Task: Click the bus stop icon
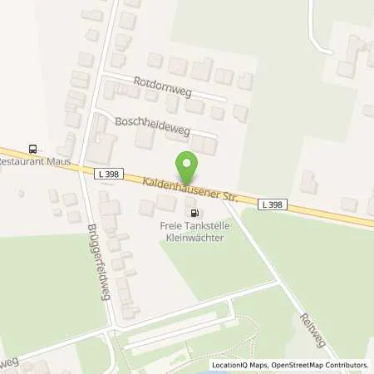click(x=32, y=150)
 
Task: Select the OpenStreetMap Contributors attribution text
click(x=319, y=365)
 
